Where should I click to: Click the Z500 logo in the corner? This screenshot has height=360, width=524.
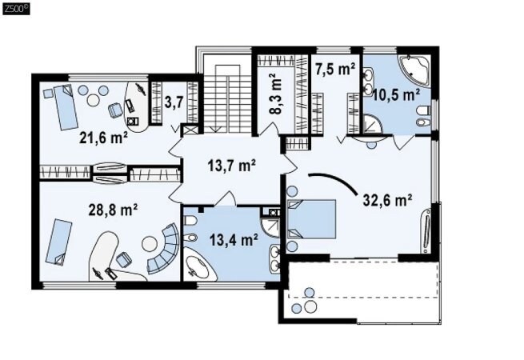click(x=16, y=9)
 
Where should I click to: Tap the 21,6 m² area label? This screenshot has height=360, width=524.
click(x=103, y=138)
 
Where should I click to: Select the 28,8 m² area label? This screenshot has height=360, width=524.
click(x=113, y=210)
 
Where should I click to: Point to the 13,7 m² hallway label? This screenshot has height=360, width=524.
click(x=232, y=165)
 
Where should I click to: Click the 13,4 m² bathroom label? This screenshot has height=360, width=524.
click(x=234, y=239)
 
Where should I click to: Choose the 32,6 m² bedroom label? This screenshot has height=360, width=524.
click(x=387, y=200)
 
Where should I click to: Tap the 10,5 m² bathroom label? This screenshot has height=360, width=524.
click(x=396, y=95)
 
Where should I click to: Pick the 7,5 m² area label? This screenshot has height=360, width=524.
click(x=335, y=70)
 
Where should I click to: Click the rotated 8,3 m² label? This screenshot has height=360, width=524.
click(x=276, y=94)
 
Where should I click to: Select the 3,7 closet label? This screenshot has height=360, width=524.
click(x=174, y=102)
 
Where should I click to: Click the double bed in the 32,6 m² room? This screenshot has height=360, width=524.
click(x=311, y=219)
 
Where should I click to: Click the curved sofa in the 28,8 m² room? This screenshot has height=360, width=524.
click(x=164, y=248)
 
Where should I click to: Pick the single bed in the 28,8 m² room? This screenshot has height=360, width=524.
click(x=59, y=242)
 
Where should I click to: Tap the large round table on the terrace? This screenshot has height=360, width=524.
click(x=310, y=306)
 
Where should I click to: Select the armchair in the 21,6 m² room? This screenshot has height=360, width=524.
click(x=115, y=110)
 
